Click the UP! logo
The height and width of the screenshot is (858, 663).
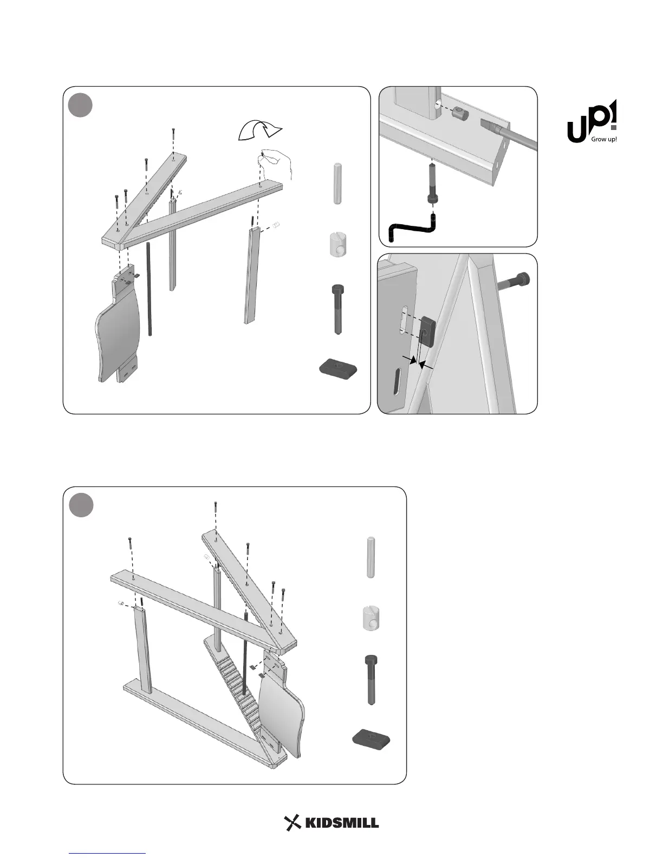[x=591, y=122]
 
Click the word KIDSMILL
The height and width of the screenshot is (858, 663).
[x=342, y=823]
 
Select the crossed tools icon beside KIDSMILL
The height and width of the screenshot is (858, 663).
[x=292, y=823]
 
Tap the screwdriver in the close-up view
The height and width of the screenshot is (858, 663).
[x=506, y=133]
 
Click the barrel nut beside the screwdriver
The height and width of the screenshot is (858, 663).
[x=460, y=114]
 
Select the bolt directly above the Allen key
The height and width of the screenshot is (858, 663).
[x=432, y=183]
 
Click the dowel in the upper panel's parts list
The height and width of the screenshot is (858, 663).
[x=337, y=183]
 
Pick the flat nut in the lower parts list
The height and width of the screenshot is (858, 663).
[x=372, y=738]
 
